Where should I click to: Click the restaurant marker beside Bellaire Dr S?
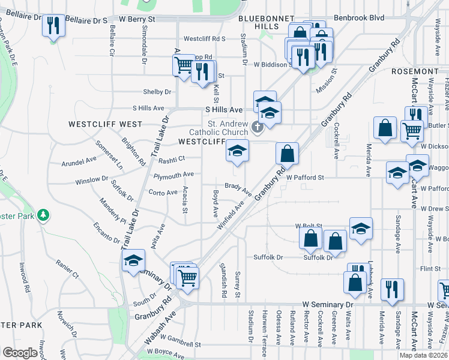click(x=54, y=26)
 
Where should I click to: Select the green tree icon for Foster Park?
click(x=43, y=215)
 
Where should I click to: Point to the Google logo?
click(x=19, y=353)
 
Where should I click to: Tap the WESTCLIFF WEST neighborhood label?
click(x=105, y=124)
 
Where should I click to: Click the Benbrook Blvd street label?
click(x=359, y=18)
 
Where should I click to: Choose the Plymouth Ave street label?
click(x=173, y=175)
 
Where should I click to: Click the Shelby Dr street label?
click(x=157, y=92)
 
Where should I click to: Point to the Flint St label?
click(x=430, y=268)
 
